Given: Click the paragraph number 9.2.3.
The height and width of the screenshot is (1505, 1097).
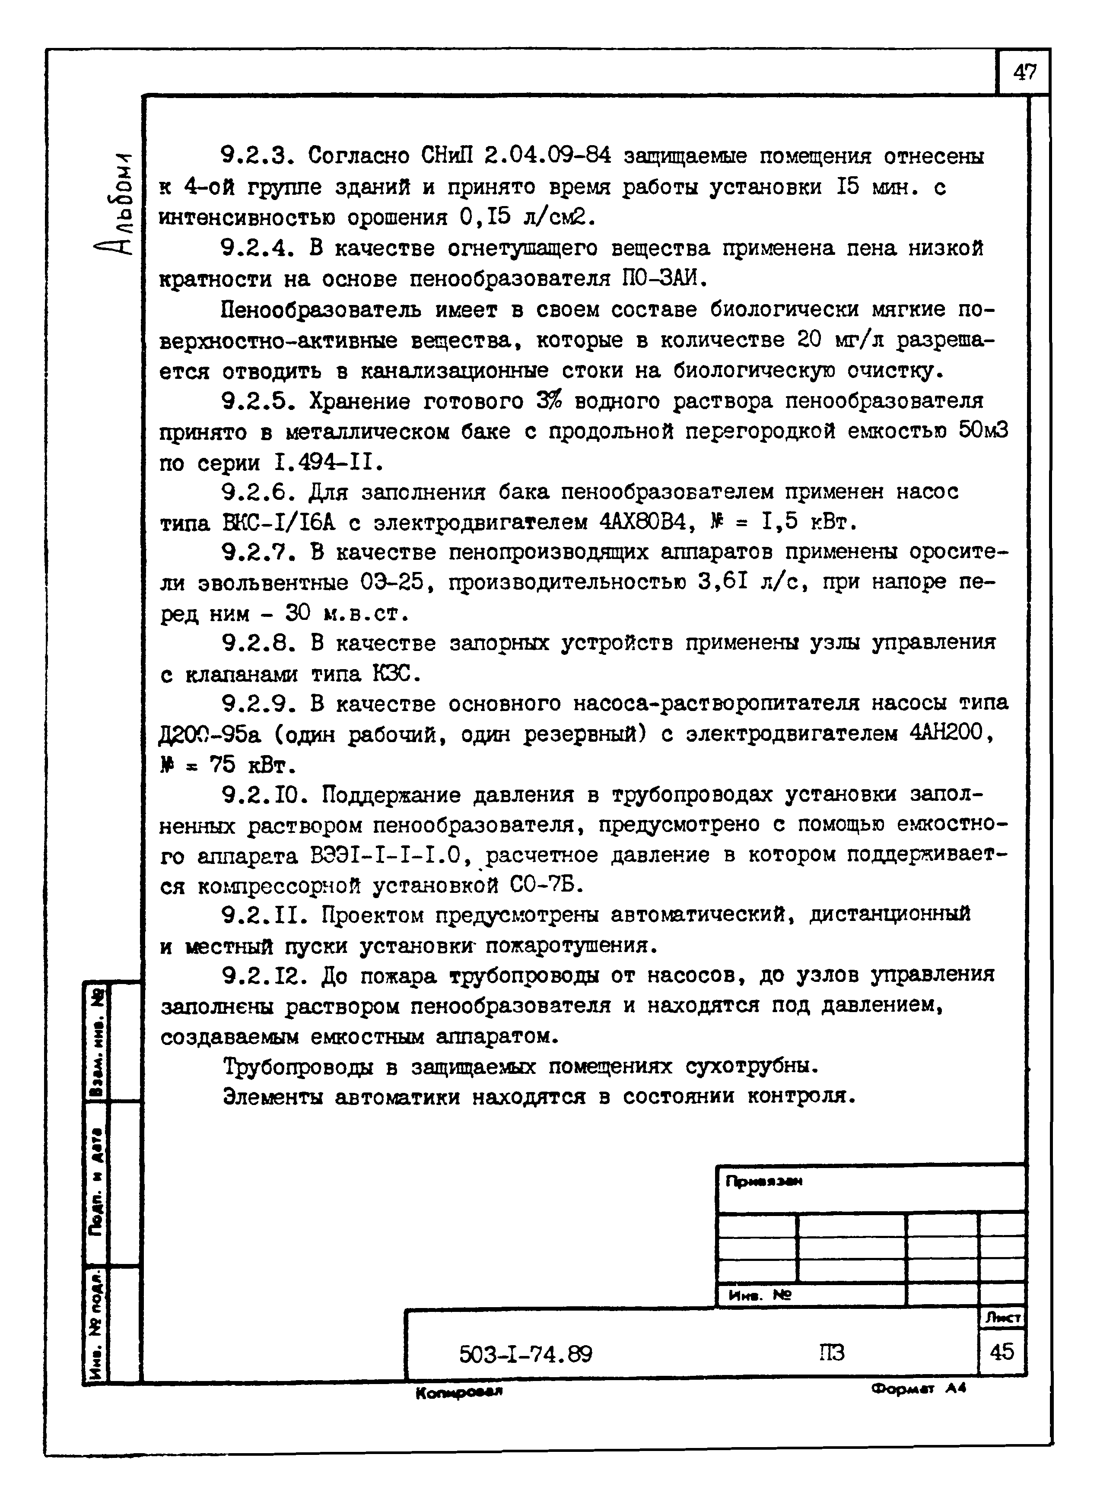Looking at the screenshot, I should coord(257,156).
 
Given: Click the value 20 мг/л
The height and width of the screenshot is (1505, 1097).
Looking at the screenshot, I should coord(839,340).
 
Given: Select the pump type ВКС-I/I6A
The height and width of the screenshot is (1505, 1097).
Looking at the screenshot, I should coord(280,523).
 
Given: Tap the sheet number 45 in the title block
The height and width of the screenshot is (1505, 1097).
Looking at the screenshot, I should coord(1002,1351).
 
